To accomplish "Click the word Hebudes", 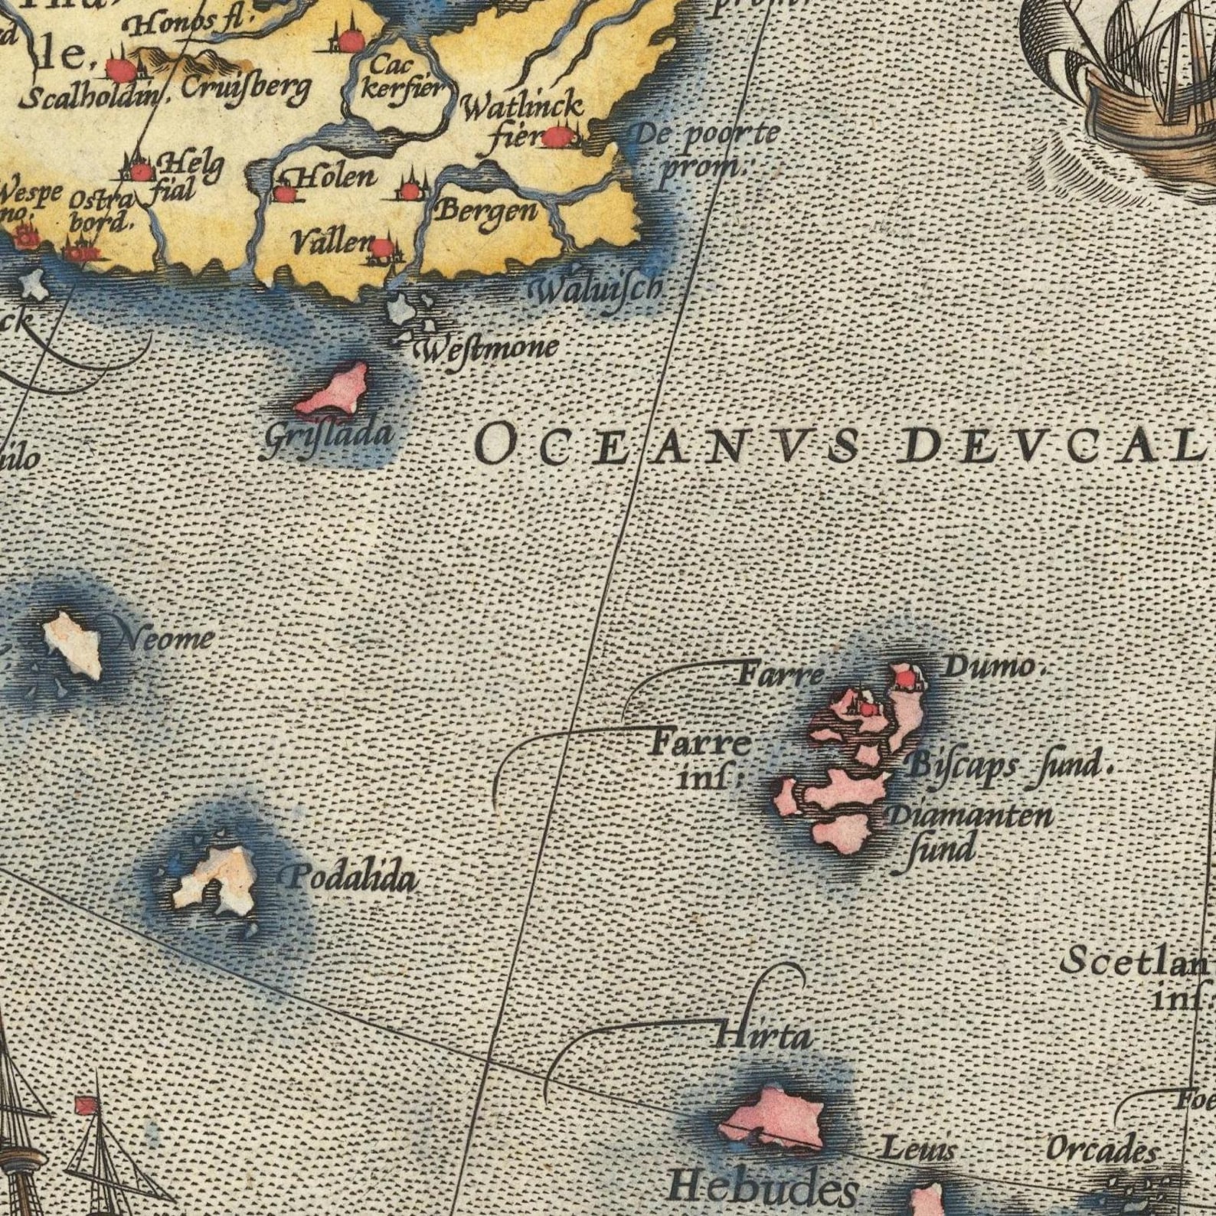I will pos(763,1189).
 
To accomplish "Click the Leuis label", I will pos(917,1149).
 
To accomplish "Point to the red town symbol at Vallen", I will pos(382,249).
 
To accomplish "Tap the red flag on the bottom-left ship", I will pos(83,1106).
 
